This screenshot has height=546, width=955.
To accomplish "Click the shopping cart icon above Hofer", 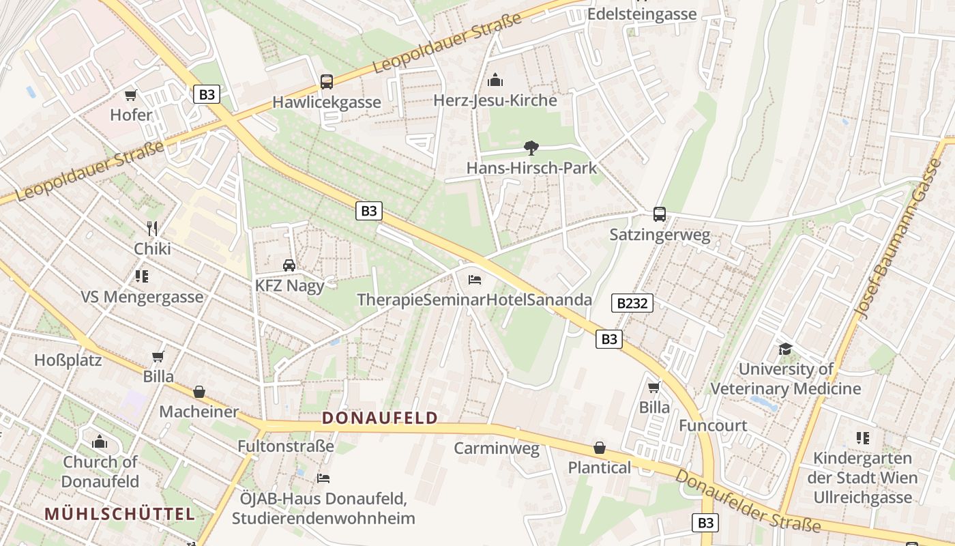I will coord(130,95).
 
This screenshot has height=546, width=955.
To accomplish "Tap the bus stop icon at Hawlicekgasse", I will coord(327,82).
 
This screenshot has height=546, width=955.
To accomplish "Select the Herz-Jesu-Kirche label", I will coord(495,100).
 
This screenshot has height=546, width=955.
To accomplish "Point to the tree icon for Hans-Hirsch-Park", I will coord(531,147).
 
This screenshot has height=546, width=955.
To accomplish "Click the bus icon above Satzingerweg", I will coord(659,214).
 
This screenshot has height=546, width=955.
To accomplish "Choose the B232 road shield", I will coord(632,303).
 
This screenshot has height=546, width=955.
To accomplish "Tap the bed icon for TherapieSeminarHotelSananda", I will coord(475,280).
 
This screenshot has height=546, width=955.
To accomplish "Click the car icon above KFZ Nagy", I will coord(289,265).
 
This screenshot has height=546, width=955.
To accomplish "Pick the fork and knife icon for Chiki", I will coord(152,228).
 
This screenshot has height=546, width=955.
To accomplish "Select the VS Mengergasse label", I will coord(142,297).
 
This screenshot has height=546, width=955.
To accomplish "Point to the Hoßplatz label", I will coord(68,360).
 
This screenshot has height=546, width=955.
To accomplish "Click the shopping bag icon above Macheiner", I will coord(199,392).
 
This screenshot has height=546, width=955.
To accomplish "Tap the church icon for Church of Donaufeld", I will coord(100,442).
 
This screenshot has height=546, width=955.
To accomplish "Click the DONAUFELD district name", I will coord(379,418).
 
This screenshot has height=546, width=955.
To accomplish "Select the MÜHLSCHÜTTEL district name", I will coord(120,514).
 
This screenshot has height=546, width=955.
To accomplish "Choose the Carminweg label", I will coord(497,448).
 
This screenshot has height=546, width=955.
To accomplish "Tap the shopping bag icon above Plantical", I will coord(600,448).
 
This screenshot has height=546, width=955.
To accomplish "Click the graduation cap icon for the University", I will coord(786,349).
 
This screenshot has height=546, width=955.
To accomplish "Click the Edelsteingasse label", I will coord(641,14).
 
